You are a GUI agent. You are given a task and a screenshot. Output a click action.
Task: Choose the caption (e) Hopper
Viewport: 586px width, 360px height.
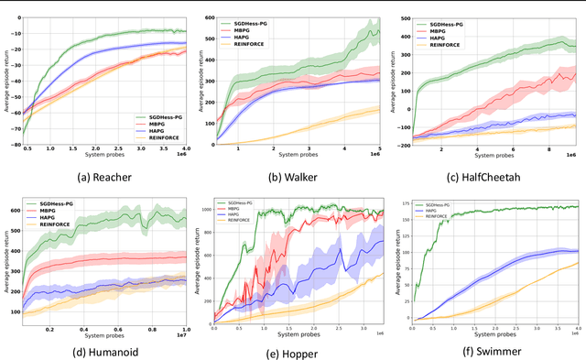(x=296, y=349)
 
